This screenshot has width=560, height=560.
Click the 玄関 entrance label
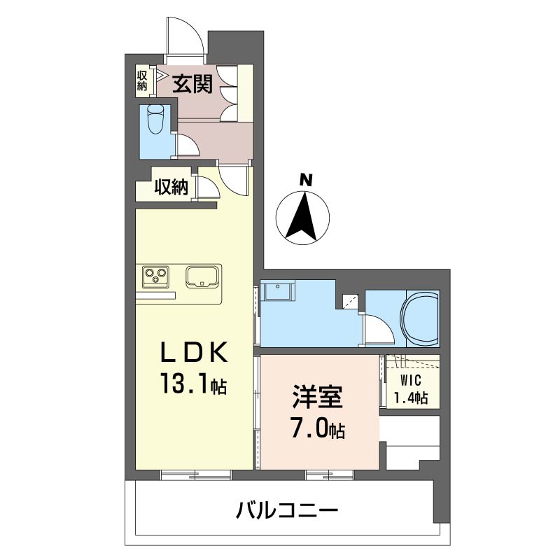pyautogui.click(x=192, y=84)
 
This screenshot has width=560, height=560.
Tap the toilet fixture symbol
pyautogui.click(x=155, y=119)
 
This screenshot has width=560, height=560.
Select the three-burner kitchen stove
pyautogui.click(x=155, y=276)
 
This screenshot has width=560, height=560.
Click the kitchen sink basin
pyautogui.click(x=202, y=276)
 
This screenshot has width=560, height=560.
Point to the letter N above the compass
pyautogui.click(x=306, y=180)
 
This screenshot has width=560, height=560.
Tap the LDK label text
pyautogui.click(x=194, y=352)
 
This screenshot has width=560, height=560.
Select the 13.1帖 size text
pyautogui.click(x=194, y=383)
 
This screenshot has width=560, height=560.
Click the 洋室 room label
pyautogui.click(x=318, y=396)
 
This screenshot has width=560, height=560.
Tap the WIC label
pyautogui.click(x=411, y=381)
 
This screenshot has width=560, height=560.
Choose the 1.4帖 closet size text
pyautogui.click(x=411, y=397)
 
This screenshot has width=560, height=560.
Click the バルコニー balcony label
pyautogui.click(x=286, y=510)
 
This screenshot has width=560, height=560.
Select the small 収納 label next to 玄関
pyautogui.click(x=142, y=80)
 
